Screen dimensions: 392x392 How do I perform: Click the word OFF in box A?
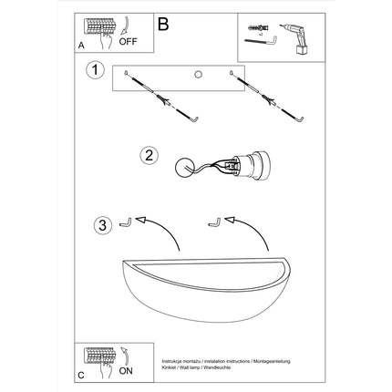pos(128,40)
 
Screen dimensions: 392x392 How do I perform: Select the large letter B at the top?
pos(163,24)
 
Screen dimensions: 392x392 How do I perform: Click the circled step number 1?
pos(93,70)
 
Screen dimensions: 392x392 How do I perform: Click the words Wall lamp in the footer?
pos(200,367)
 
